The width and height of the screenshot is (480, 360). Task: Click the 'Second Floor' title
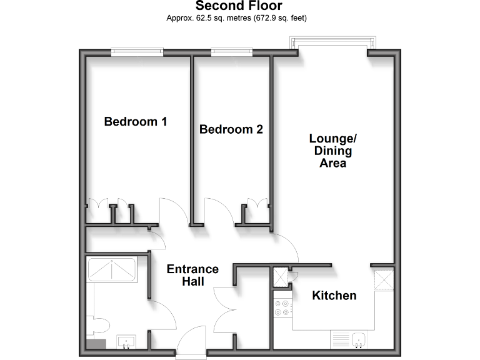pyautogui.click(x=239, y=6)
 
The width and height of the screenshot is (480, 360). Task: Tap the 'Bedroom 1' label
pyautogui.click(x=135, y=121)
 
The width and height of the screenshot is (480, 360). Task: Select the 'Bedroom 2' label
pyautogui.click(x=231, y=129)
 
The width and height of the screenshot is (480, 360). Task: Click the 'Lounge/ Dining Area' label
pyautogui.click(x=332, y=151)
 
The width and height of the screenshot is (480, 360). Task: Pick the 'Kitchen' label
pyautogui.click(x=334, y=296)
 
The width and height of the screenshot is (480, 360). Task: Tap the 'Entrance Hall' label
pyautogui.click(x=192, y=275)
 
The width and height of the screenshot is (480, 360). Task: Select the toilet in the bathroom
pyautogui.click(x=100, y=324)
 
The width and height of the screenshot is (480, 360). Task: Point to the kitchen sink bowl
pyautogui.click(x=359, y=340)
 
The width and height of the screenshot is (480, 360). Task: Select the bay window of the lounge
pyautogui.click(x=333, y=44)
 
